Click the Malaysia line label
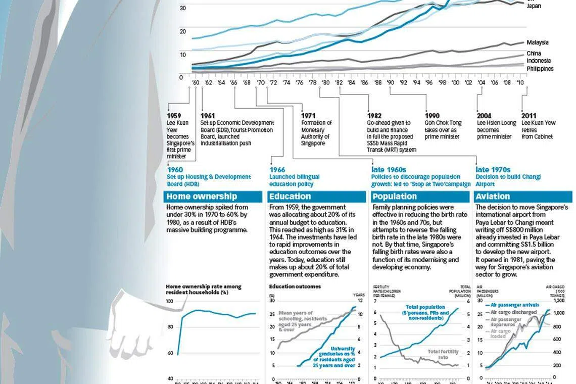[x=537, y=43]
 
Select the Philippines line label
[x=540, y=69]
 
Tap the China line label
[x=534, y=54]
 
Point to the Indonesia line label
[x=538, y=61]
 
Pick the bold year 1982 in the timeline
[x=374, y=116]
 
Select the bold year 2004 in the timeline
[x=484, y=116]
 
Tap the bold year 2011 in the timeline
[x=529, y=116]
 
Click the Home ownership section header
[x=195, y=197]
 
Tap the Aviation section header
[x=493, y=197]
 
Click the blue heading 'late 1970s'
[x=493, y=170]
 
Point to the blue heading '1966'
[x=277, y=170]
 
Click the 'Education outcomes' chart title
[x=295, y=286]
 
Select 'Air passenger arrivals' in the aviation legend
[x=514, y=305]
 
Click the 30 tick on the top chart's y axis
[x=182, y=8]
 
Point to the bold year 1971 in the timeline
[x=308, y=116]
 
